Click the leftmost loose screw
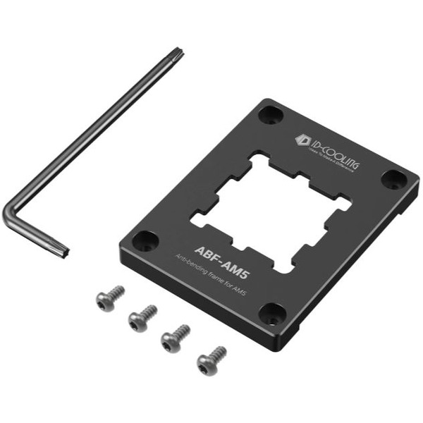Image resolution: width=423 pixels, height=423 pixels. point(110,298)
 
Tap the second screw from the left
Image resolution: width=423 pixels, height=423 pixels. point(142,318)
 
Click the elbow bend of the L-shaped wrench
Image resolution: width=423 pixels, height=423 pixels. point(10,214)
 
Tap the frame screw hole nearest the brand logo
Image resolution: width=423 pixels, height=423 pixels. point(271,114)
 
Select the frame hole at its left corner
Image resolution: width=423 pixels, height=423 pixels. point(146,240)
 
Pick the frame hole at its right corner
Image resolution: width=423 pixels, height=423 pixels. point(395,179)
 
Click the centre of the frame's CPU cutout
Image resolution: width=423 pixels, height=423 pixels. point(271,210)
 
